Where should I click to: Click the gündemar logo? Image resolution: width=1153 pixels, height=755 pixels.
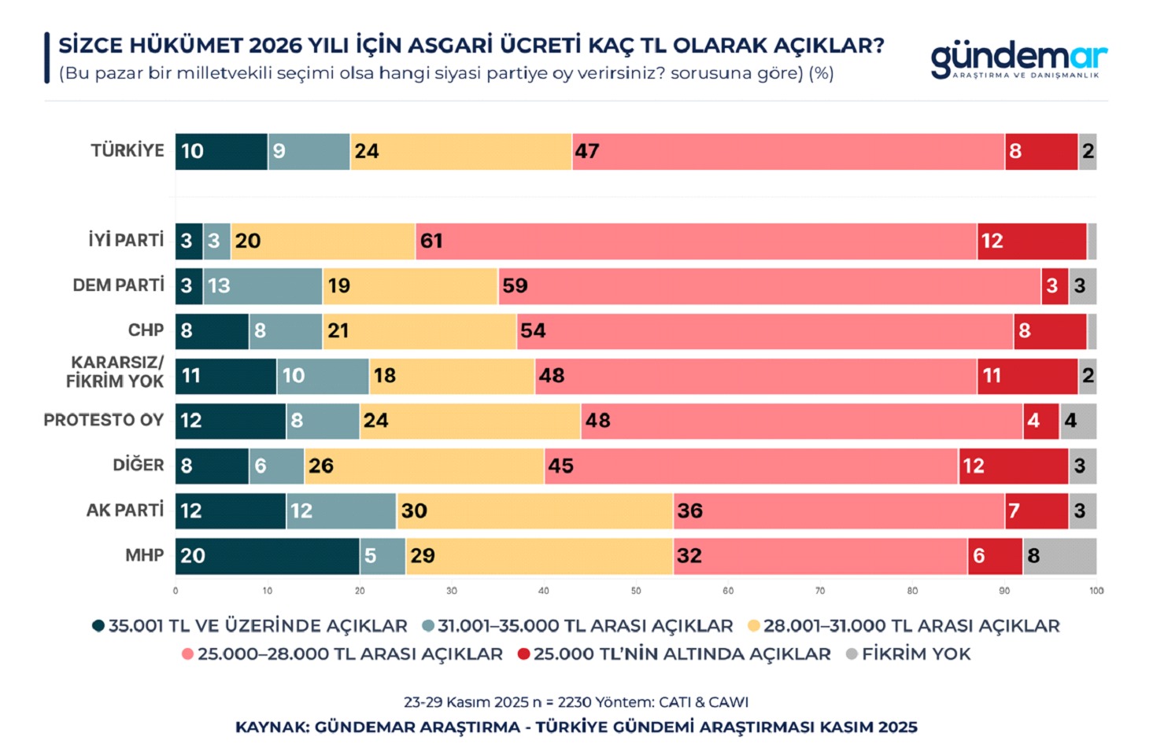coord(1018,59)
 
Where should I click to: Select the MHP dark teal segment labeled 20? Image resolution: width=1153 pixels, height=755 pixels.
coord(267,556)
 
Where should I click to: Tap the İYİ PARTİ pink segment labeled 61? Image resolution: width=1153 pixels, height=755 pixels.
coord(696,241)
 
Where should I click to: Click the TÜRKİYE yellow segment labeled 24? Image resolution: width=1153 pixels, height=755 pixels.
coord(460,151)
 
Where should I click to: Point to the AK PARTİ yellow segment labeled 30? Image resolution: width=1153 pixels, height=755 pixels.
coord(534,511)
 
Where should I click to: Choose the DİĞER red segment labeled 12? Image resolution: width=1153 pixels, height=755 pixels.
coord(1013,466)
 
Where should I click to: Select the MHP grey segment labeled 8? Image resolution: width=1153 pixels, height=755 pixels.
coord(1059,556)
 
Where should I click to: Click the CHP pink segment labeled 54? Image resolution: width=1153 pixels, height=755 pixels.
coord(765,330)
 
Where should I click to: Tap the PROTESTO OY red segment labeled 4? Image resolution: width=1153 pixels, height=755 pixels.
coord(1040,421)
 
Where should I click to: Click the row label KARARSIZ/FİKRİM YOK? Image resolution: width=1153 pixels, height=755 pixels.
coord(116,372)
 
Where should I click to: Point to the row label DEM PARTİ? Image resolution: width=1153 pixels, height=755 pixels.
coord(118,285)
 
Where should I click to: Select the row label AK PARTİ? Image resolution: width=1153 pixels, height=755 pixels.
coord(125,510)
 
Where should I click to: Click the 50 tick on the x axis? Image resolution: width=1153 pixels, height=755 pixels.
coord(636,591)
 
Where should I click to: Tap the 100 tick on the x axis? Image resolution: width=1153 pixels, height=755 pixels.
coord(1096,591)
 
